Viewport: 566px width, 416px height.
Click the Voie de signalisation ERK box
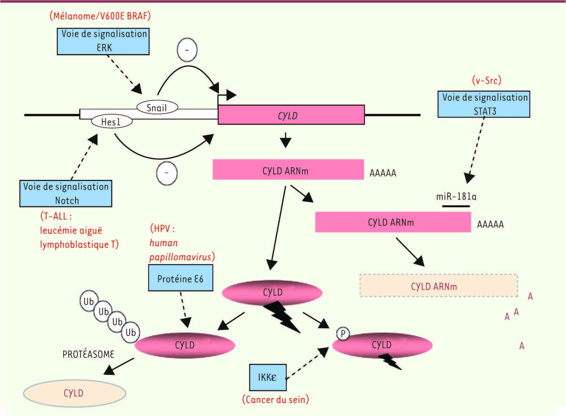(x=103, y=41)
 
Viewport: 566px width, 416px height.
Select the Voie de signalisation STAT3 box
(x=484, y=104)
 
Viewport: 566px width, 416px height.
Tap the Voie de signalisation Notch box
(x=66, y=193)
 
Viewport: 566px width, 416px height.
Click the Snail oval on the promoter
(x=157, y=107)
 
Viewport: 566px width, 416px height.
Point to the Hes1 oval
(x=112, y=122)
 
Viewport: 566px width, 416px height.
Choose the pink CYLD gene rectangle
(x=291, y=115)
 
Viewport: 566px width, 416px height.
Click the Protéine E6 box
(x=181, y=278)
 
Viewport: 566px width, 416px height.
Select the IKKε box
(x=268, y=377)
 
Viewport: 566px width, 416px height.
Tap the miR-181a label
(x=456, y=196)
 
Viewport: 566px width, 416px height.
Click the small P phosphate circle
(x=343, y=334)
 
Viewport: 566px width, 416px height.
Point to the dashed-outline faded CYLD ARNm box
(x=439, y=285)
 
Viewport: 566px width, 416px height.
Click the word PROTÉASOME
(x=88, y=354)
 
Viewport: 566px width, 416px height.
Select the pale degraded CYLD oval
(x=74, y=393)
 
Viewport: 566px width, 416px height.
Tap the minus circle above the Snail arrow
(x=187, y=50)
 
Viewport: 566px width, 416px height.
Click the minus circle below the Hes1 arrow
(x=167, y=173)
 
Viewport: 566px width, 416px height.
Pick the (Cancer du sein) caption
(x=276, y=399)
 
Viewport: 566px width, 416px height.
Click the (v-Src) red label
(x=487, y=80)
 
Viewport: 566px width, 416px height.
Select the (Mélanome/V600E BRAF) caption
(x=100, y=16)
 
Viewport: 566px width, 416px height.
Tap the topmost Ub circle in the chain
(x=89, y=301)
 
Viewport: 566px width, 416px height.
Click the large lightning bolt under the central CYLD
(x=282, y=316)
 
